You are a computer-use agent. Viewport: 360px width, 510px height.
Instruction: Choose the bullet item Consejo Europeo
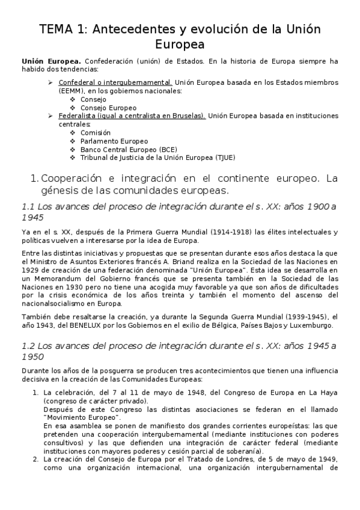coord(108,108)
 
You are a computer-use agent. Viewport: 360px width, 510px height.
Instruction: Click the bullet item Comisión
coord(95,132)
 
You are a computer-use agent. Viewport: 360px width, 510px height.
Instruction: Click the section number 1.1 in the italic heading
coord(29,207)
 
